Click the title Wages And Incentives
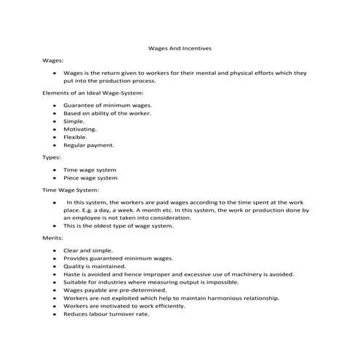tap(179, 49)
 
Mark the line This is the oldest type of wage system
tap(119, 225)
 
